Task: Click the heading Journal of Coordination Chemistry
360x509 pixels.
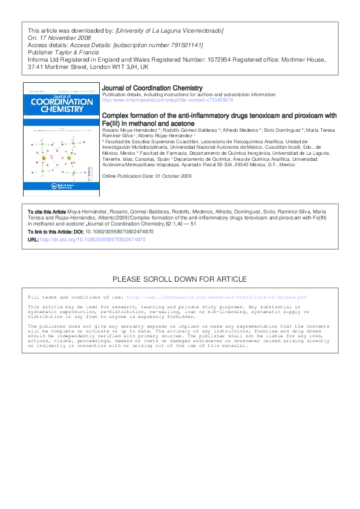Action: point(152,88)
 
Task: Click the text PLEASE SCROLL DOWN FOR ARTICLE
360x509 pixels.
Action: point(180,279)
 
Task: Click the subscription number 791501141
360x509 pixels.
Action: point(171,45)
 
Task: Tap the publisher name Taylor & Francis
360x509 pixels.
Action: point(80,53)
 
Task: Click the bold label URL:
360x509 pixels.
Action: point(33,240)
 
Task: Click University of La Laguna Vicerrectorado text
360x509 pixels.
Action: point(169,30)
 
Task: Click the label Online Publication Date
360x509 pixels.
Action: point(129,175)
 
